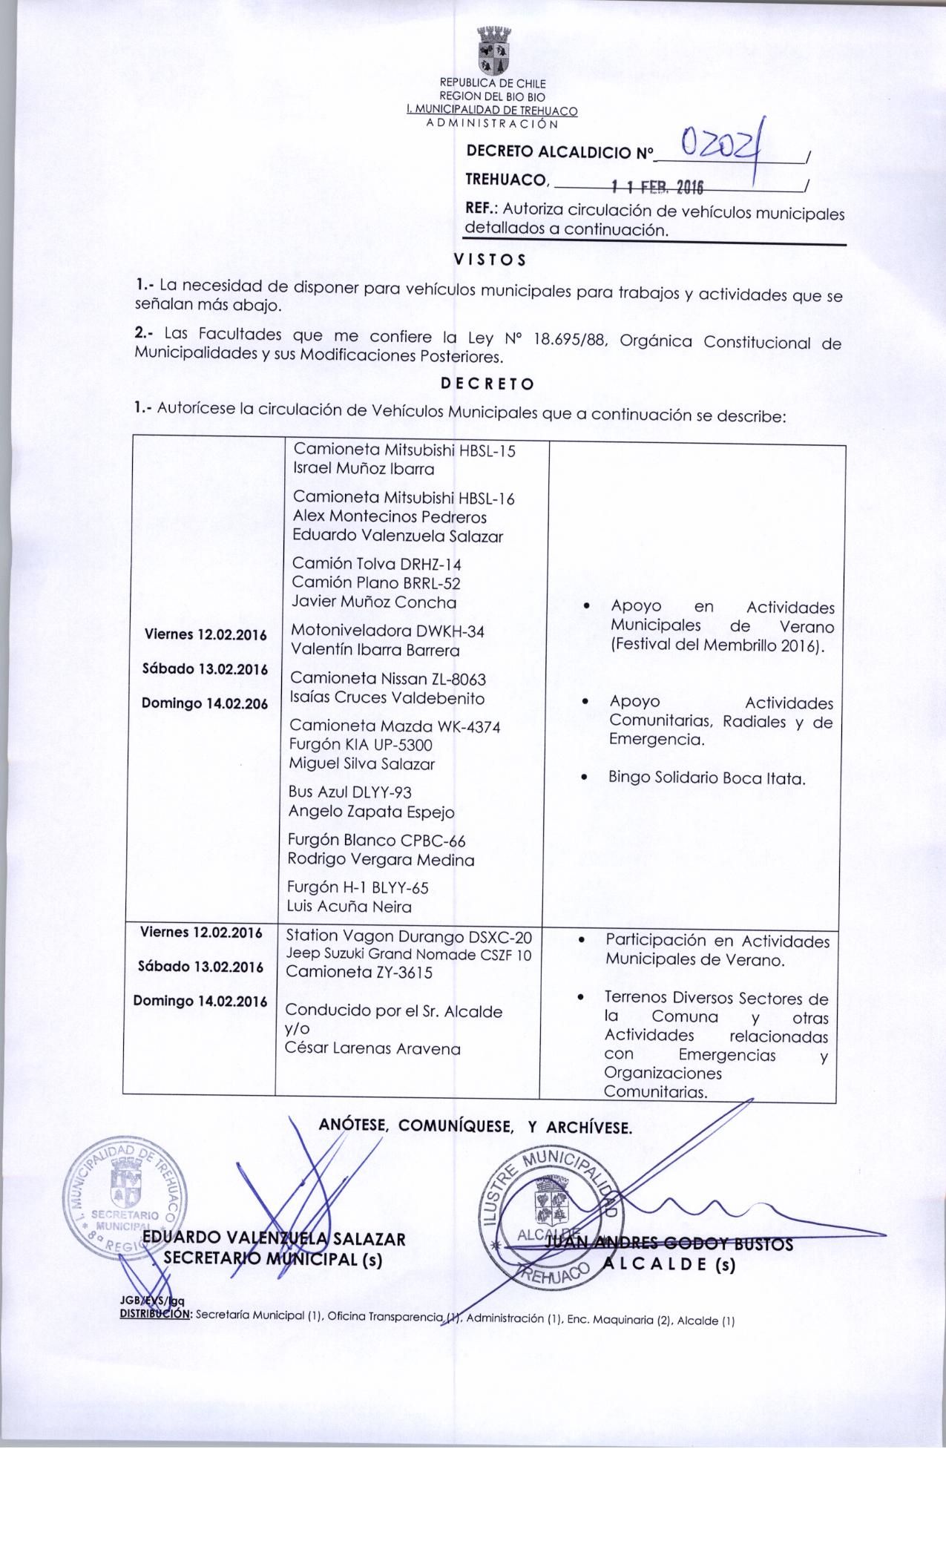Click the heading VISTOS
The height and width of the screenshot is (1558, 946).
pyautogui.click(x=490, y=260)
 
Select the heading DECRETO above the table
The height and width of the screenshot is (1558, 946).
pyautogui.click(x=487, y=384)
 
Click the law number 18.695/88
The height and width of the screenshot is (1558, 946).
pyautogui.click(x=565, y=342)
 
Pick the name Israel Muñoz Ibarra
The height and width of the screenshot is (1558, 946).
pyautogui.click(x=364, y=469)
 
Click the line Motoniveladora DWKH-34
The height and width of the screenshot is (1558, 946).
pyautogui.click(x=387, y=631)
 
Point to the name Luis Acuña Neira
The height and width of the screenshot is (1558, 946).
pyautogui.click(x=349, y=906)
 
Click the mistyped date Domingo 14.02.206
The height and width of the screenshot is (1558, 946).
pyautogui.click(x=205, y=703)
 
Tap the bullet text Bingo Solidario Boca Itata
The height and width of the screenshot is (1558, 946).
pyautogui.click(x=706, y=778)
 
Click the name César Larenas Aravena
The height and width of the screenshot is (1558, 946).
pyautogui.click(x=372, y=1048)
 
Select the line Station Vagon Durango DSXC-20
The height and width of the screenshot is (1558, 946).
pyautogui.click(x=408, y=936)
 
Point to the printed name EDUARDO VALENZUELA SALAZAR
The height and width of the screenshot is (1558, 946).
pyautogui.click(x=274, y=1238)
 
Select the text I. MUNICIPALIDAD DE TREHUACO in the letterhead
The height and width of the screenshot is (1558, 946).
pyautogui.click(x=492, y=110)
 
